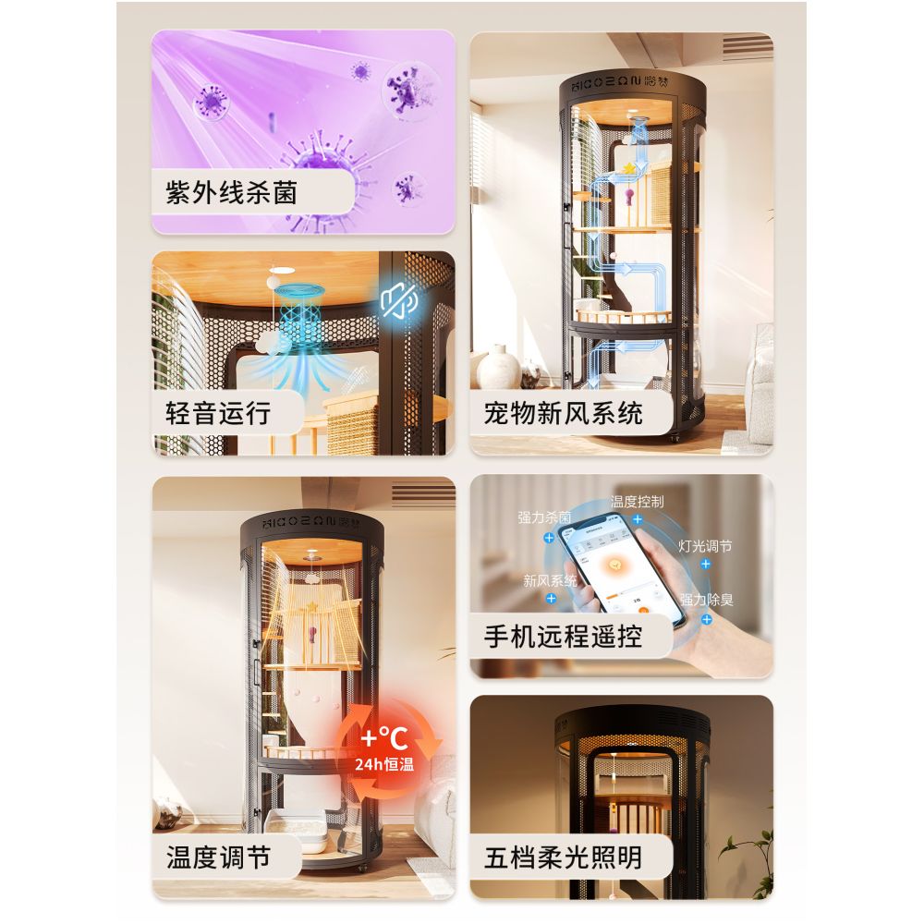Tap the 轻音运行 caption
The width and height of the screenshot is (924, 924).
click(219, 412)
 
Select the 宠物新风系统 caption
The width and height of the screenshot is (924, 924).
click(564, 412)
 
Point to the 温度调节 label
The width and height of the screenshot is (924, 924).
click(219, 857)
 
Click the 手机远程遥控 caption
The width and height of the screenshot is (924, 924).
click(564, 636)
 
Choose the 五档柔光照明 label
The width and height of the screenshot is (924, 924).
click(564, 857)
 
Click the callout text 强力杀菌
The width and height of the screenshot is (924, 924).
click(545, 517)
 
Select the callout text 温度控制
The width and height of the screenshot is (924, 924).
click(637, 502)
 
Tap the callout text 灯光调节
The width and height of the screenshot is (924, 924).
click(705, 546)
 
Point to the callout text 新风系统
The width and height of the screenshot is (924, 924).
click(550, 580)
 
